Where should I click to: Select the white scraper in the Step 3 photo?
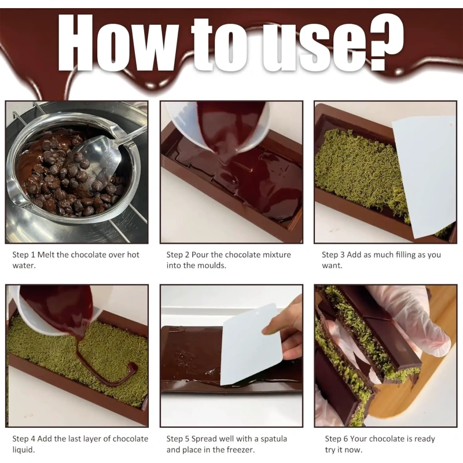[424, 177]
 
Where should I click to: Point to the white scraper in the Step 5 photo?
[249, 344]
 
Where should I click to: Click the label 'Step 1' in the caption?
[24, 255]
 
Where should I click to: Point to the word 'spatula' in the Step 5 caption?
[273, 439]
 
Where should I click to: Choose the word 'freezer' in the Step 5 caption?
[240, 450]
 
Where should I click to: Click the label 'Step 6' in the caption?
[337, 439]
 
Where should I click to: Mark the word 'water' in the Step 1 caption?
[24, 266]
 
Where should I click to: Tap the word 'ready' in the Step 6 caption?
[424, 439]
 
